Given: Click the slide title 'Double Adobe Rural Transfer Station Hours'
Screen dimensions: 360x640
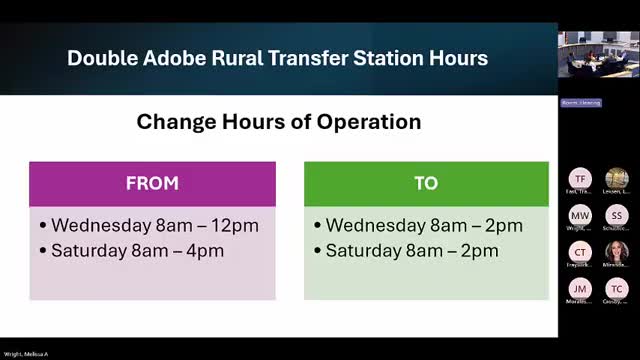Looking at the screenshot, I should point(277,58).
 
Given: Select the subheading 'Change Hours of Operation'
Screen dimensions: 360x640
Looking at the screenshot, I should point(278,122).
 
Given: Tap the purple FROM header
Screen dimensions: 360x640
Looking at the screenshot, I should point(152,183).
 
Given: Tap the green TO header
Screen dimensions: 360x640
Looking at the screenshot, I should point(426,183).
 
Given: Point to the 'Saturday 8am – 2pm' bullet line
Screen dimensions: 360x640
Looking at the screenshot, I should point(411,250).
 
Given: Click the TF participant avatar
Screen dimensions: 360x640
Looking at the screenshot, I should point(580,179).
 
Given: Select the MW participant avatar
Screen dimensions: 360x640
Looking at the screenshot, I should point(580,215).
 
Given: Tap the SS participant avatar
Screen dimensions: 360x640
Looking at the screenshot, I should point(616,215).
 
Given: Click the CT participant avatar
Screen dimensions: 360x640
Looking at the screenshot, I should point(580,250).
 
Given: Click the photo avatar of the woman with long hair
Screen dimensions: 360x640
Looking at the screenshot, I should point(616,250).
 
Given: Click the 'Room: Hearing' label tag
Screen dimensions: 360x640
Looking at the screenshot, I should point(580,102).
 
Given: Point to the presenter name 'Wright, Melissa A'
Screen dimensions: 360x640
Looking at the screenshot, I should point(26,354).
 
